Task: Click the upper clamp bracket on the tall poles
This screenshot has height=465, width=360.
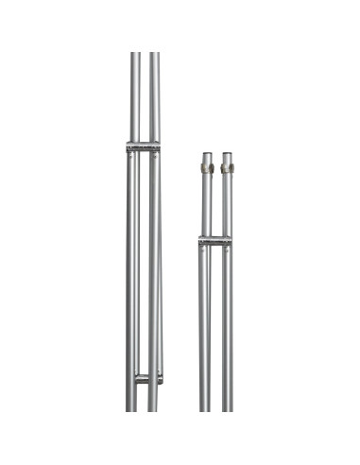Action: click(x=143, y=146)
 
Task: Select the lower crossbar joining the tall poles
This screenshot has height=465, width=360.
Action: click(x=147, y=378)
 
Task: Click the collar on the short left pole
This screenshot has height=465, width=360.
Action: click(x=206, y=168)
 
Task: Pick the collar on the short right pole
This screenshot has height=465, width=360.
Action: click(x=227, y=168)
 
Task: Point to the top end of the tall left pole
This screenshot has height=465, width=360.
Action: click(x=135, y=54)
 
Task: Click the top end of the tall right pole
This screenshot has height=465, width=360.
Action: click(x=154, y=54)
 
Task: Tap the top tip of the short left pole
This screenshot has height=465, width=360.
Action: click(x=206, y=152)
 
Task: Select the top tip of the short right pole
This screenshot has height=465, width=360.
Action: click(x=227, y=152)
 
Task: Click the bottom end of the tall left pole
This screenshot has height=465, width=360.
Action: click(x=130, y=408)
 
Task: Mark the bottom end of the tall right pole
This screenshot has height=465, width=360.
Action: click(x=153, y=408)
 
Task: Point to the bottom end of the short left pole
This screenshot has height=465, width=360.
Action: click(x=205, y=408)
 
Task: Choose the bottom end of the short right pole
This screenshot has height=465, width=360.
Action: click(x=227, y=408)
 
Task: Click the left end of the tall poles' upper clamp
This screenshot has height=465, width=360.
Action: click(x=127, y=146)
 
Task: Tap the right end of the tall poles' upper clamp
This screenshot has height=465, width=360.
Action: click(x=160, y=146)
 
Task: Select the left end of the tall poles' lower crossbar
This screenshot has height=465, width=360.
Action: click(x=135, y=378)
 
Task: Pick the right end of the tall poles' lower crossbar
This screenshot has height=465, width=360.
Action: click(x=162, y=378)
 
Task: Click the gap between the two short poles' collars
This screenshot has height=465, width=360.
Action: click(x=216, y=168)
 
